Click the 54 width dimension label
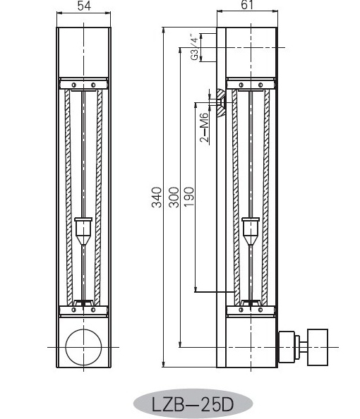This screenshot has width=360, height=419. pos(84,6)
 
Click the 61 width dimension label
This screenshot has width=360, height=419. pos(247,4)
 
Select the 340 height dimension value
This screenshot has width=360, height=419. pos(157,198)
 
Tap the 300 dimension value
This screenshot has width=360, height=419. pos(174,198)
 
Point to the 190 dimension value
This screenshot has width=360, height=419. pos(189,197)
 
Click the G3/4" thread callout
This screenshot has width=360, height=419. pos(195,47)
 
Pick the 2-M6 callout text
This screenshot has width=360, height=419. pos(205,127)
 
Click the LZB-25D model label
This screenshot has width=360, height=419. pos(193,404)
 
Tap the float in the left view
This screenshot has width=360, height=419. pos(83,231)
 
